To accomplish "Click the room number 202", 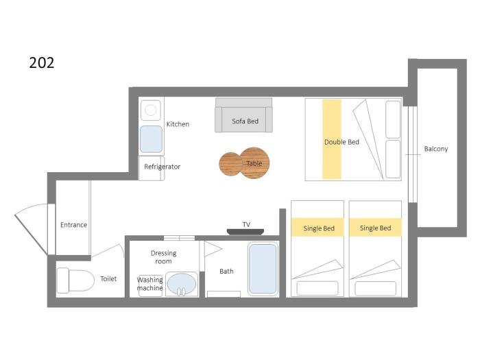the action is (42, 63).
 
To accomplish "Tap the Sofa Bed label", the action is (245, 121).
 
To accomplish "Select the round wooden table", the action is (244, 163).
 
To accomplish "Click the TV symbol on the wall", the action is (245, 232).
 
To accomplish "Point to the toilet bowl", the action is (75, 280).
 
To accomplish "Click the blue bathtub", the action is (263, 269).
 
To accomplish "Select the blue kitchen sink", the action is (152, 139).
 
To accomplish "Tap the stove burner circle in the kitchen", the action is (151, 110).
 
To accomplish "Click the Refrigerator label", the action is (163, 167).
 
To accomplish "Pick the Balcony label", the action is (436, 149).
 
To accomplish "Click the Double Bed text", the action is (341, 142).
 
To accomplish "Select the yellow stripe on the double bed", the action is (332, 139).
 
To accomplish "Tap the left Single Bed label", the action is (319, 228).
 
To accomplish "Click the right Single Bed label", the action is (376, 228).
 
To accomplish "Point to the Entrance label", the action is (74, 225).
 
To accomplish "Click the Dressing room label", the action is (163, 257).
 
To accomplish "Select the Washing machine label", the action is (149, 284).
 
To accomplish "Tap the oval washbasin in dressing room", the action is (182, 284).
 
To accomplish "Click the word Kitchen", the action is (178, 124).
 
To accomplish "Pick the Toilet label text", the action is (108, 279).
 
